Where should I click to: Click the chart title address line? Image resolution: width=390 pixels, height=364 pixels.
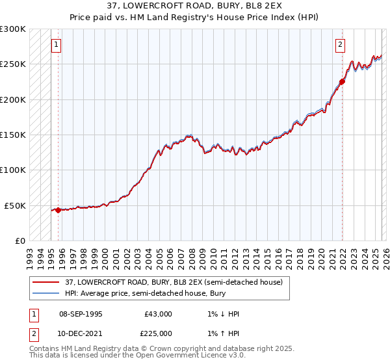tap(195, 6)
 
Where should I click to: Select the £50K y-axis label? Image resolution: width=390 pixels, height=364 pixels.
tap(15, 205)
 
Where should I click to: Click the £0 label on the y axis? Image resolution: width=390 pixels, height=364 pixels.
tap(19, 240)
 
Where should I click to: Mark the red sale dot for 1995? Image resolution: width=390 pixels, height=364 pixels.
tap(58, 210)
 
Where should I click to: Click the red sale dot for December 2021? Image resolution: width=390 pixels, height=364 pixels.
tap(341, 82)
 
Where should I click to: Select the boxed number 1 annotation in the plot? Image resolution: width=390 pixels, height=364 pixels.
tap(56, 45)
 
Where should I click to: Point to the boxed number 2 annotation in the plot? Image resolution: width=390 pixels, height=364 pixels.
tap(340, 45)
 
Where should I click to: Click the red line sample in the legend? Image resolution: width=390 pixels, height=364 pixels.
tap(47, 283)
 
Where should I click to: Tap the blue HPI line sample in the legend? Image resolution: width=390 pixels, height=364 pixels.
tap(47, 294)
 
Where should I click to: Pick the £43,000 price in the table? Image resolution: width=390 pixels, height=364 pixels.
tap(158, 314)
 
